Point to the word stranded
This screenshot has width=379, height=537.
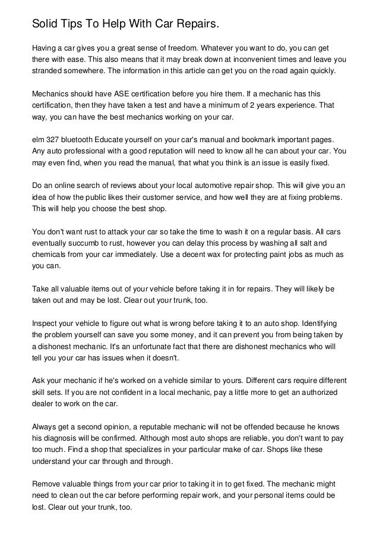pos(49,70)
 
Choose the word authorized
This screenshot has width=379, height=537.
pos(312,392)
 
